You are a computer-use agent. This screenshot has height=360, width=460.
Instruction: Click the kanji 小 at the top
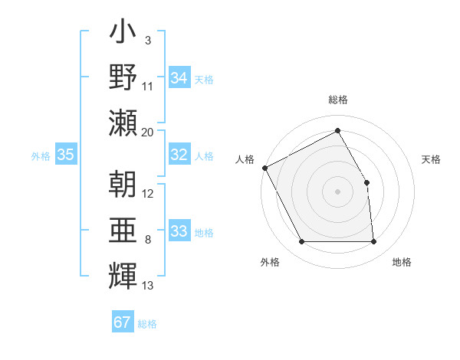click(123, 34)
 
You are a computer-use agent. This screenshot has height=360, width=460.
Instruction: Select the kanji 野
click(123, 77)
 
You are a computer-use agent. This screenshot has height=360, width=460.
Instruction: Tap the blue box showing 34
click(179, 78)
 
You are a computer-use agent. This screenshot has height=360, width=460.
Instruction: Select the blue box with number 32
click(179, 155)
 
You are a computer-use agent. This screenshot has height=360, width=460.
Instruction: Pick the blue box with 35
click(66, 155)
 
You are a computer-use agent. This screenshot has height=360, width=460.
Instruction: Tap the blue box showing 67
click(123, 322)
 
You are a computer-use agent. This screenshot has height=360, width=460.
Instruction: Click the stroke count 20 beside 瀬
click(148, 132)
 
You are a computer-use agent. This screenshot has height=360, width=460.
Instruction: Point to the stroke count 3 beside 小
click(148, 40)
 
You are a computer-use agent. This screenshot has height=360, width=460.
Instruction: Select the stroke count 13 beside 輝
click(148, 286)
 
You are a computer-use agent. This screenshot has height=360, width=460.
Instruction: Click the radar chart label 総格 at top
click(338, 100)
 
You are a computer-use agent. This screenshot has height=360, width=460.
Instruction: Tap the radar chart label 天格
click(431, 159)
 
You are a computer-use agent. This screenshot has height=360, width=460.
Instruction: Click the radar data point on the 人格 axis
click(264, 168)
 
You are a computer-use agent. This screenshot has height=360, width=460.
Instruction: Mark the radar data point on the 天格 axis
click(366, 182)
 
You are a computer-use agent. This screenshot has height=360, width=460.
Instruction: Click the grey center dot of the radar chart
click(337, 191)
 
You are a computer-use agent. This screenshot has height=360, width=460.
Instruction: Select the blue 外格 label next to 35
click(41, 156)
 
